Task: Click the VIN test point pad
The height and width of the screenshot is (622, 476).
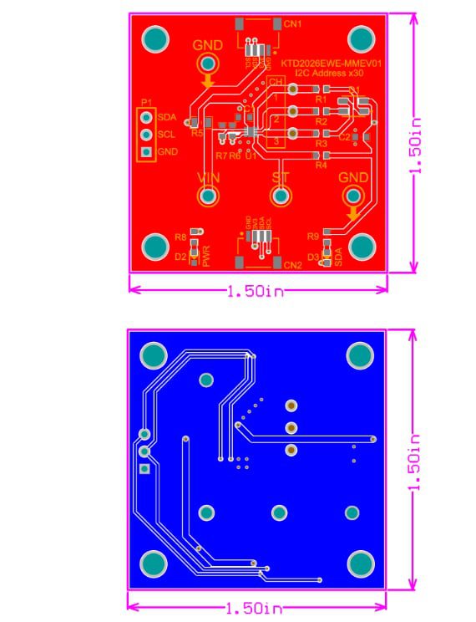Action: pos(208,196)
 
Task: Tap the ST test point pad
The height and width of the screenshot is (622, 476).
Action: pos(281,196)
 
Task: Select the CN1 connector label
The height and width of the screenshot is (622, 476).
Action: pos(292,24)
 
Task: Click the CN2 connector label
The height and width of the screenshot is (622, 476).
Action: pos(292,265)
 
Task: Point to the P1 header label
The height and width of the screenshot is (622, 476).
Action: pos(146,102)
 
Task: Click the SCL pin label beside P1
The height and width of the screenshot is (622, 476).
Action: pos(166,134)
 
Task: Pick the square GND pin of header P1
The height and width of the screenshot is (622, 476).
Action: pos(146,152)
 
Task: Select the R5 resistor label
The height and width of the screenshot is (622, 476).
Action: pos(197,133)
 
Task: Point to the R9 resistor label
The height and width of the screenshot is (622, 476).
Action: pos(313,237)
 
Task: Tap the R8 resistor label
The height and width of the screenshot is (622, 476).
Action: pos(180,237)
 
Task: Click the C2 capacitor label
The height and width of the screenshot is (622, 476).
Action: pos(344,137)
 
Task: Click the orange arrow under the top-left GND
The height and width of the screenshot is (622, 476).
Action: pos(208,81)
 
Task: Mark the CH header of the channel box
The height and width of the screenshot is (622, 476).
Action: pos(276,81)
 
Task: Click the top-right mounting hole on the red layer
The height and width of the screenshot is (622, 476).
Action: pos(360,38)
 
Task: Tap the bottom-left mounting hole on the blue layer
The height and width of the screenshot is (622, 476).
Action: pos(153,563)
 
